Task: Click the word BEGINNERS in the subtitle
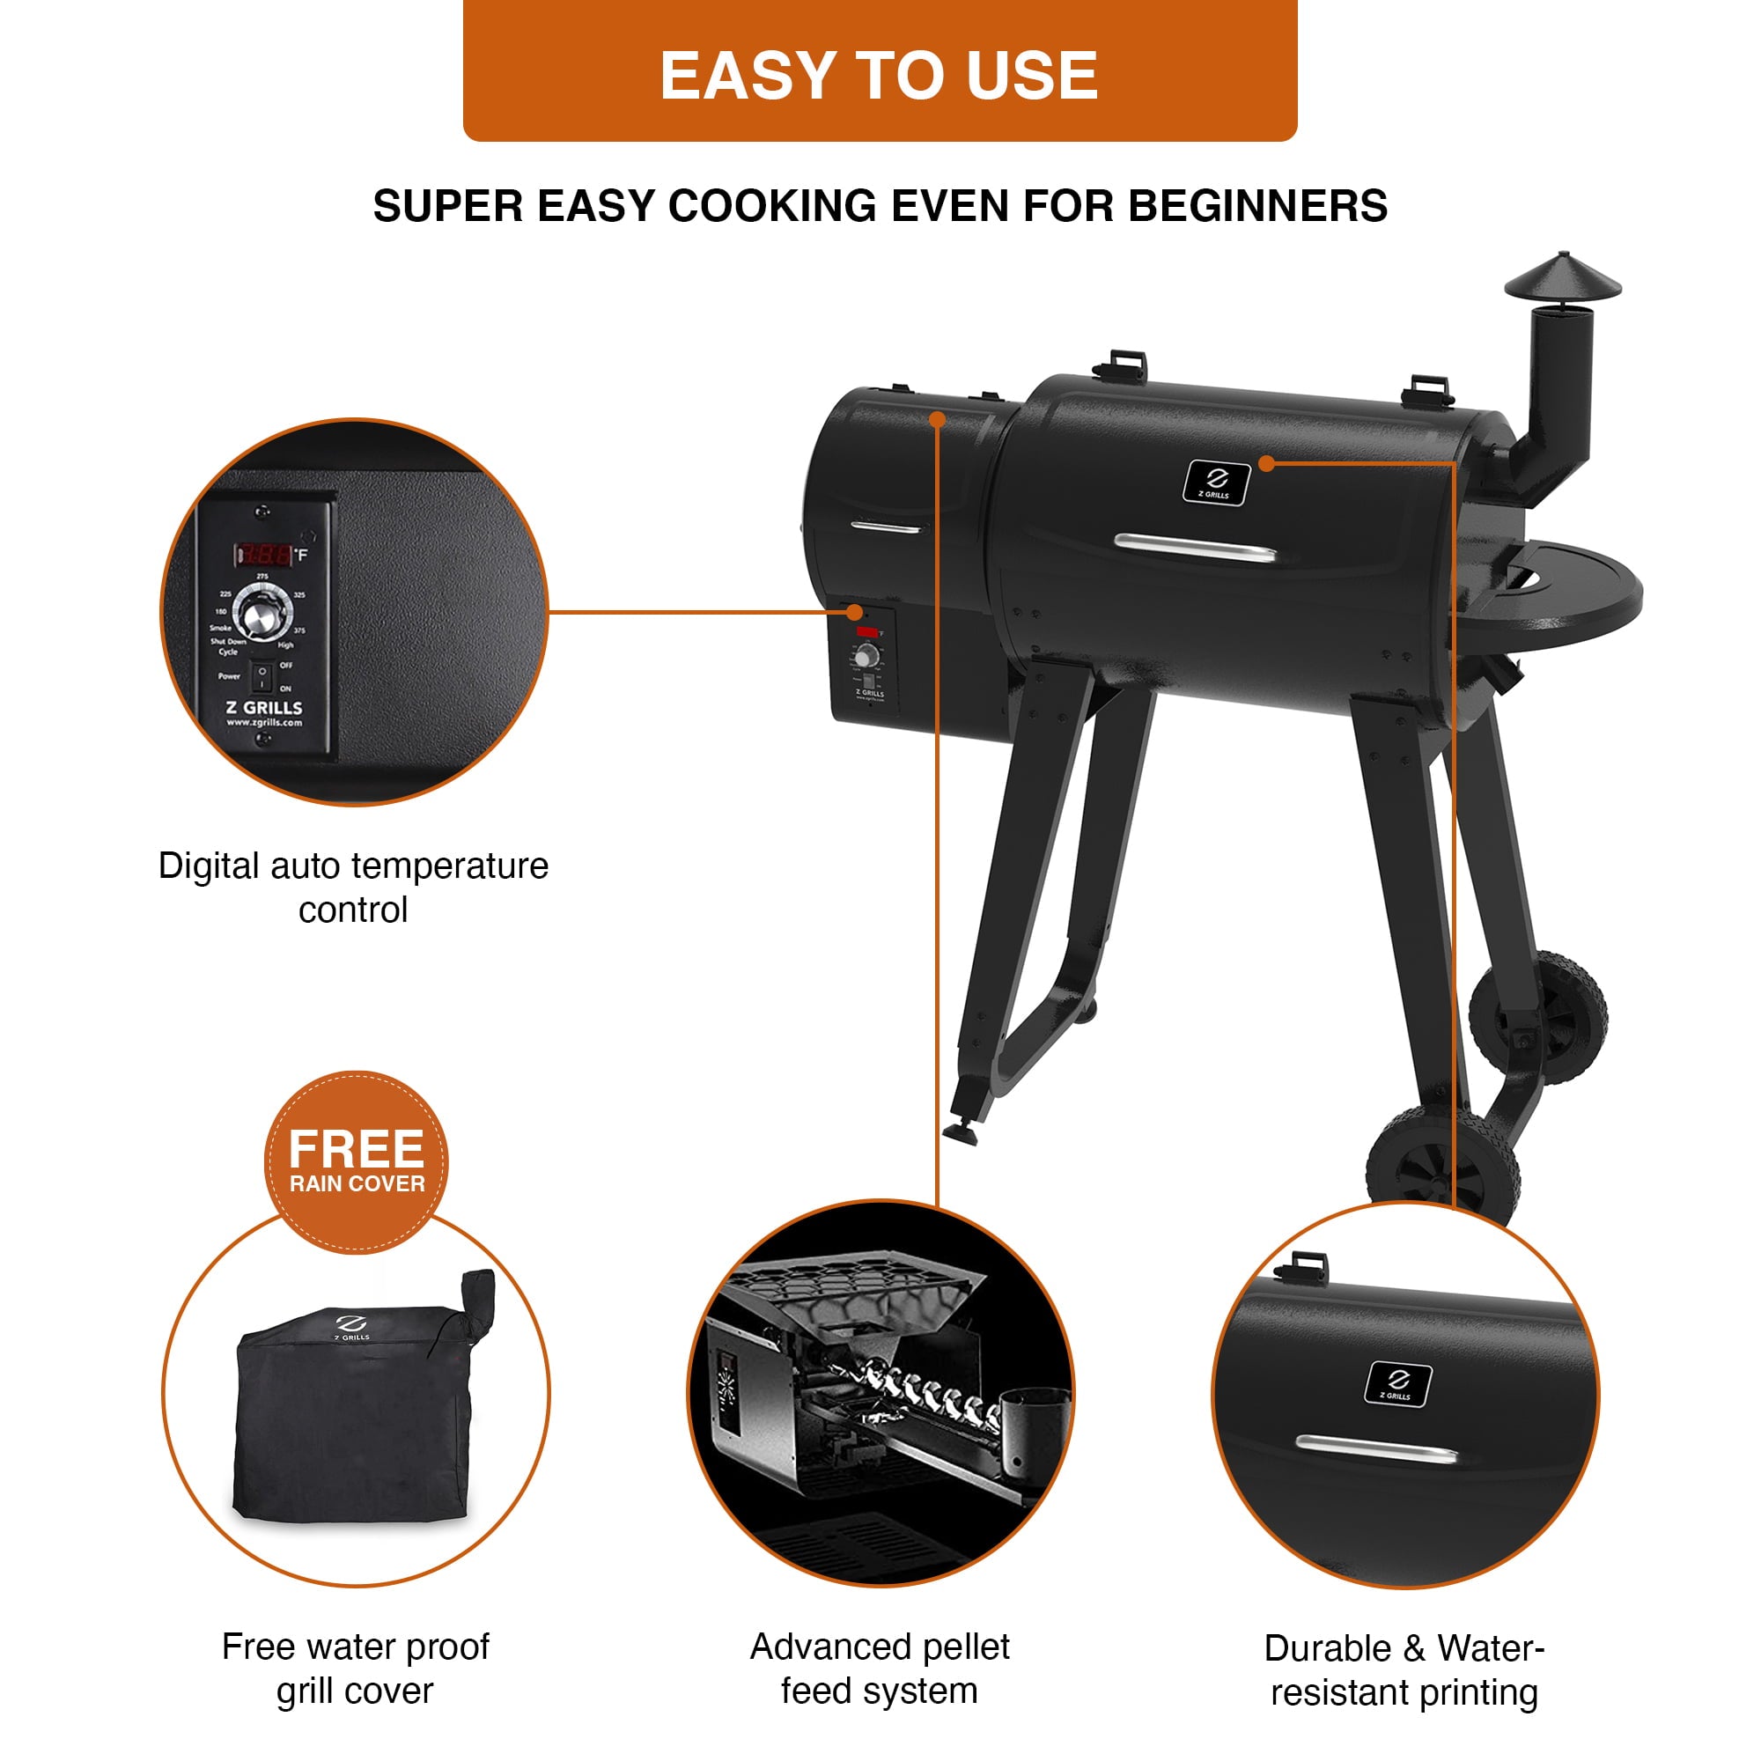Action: point(1258,206)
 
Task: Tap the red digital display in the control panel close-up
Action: point(265,553)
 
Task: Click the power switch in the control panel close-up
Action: point(262,677)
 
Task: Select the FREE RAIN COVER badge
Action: point(357,1162)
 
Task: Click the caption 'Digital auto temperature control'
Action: point(354,887)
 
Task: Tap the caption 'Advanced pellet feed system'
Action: point(880,1668)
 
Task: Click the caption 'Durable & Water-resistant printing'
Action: point(1404,1669)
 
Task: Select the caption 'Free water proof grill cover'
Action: point(356,1668)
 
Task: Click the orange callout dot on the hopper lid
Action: point(937,419)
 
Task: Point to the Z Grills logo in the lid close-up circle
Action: point(1397,1383)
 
